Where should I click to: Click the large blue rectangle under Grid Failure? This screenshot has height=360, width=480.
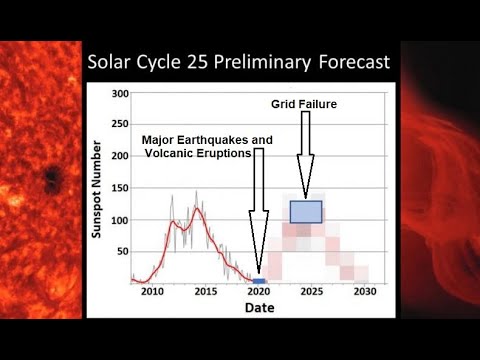pyautogui.click(x=306, y=211)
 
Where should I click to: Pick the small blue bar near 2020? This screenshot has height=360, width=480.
pyautogui.click(x=259, y=280)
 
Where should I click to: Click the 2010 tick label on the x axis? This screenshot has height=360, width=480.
pyautogui.click(x=152, y=292)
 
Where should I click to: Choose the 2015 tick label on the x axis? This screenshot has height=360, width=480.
pyautogui.click(x=205, y=292)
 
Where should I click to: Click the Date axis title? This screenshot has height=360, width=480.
pyautogui.click(x=260, y=308)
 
